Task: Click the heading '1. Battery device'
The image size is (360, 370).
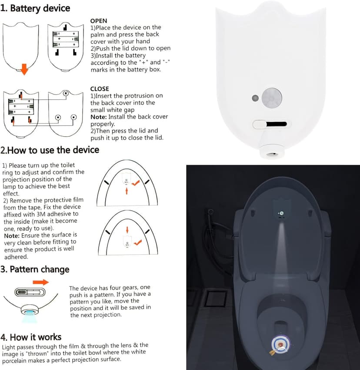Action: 36,8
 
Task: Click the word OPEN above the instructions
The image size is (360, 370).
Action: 98,20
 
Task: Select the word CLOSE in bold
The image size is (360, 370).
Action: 100,89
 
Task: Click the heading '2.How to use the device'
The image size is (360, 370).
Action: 50,150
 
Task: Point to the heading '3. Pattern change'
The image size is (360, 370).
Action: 35,269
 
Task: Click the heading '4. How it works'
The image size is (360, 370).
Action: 31,337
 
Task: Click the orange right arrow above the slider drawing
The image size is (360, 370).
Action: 40,282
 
